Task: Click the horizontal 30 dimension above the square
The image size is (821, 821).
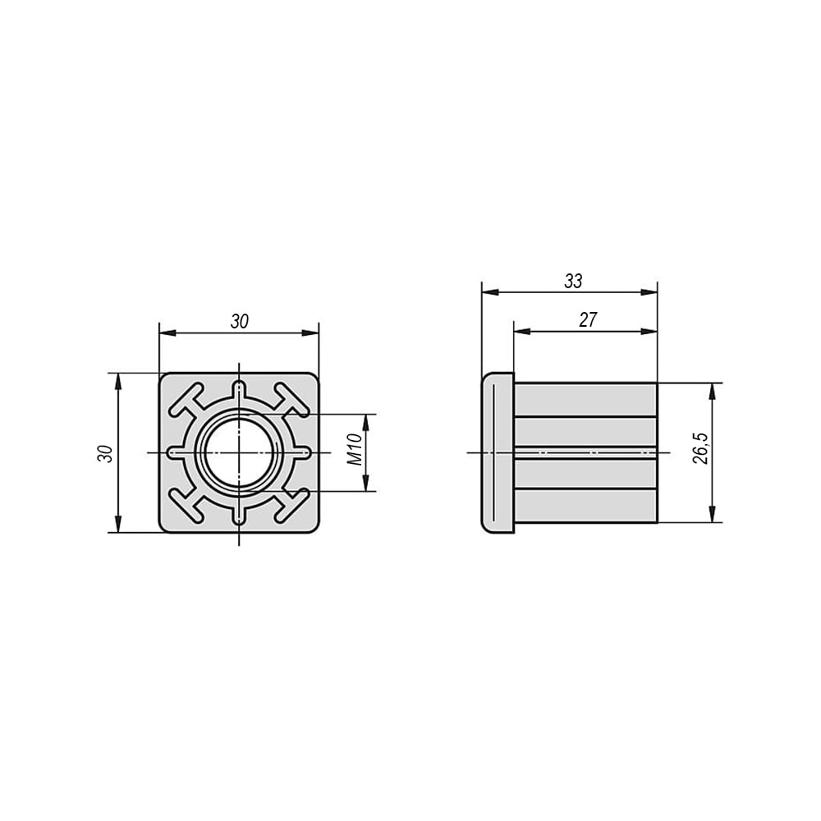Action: (239, 322)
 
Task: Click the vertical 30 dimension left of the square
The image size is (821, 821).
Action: (105, 453)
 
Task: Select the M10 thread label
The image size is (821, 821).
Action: (355, 450)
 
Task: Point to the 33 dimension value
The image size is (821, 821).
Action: (573, 281)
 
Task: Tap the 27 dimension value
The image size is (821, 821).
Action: (588, 319)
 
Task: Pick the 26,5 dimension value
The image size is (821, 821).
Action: (700, 448)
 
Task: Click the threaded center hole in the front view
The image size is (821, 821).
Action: (239, 452)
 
